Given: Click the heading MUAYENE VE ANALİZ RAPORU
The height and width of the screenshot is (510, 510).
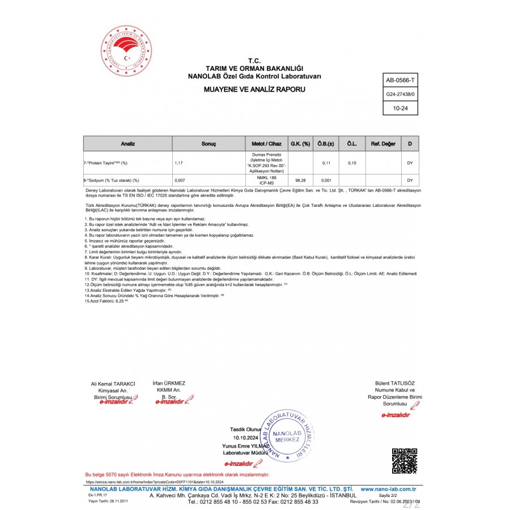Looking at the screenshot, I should (x=254, y=90).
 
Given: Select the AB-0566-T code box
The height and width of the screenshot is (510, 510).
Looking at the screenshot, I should (x=400, y=81).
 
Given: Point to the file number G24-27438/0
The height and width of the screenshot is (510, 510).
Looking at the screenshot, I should (x=400, y=94).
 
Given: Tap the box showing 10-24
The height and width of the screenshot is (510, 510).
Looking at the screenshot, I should (x=400, y=107).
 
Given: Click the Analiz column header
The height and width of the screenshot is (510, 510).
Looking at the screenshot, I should (x=128, y=144).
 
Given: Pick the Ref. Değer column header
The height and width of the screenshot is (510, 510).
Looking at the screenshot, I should (x=383, y=144).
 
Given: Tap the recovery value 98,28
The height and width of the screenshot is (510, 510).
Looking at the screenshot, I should (x=300, y=180).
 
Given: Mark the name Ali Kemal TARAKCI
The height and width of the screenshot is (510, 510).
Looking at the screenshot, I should (x=113, y=384).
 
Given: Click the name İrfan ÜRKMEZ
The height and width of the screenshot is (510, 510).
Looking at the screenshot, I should (x=169, y=383).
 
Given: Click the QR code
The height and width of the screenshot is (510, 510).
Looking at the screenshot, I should (x=405, y=461).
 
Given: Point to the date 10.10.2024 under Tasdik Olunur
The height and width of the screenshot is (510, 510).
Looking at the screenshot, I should (x=245, y=438).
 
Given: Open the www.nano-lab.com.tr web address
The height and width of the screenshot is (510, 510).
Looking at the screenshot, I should (x=389, y=488).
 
